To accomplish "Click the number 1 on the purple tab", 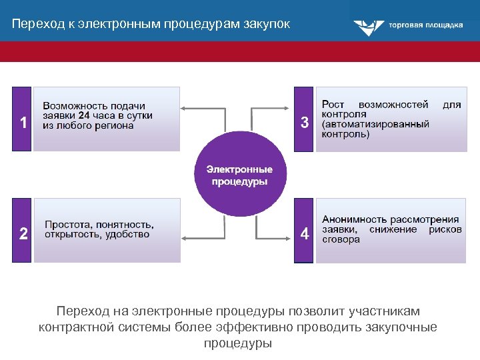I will (x=23, y=123).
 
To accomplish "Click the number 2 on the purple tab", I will (x=23, y=234).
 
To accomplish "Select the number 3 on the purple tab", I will (x=305, y=123).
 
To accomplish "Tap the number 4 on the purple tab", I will (x=305, y=234).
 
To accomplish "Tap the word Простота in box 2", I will (x=68, y=225).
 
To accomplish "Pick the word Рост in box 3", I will (x=333, y=105).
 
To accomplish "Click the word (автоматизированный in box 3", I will (x=375, y=124).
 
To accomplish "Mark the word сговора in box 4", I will (x=341, y=239).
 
